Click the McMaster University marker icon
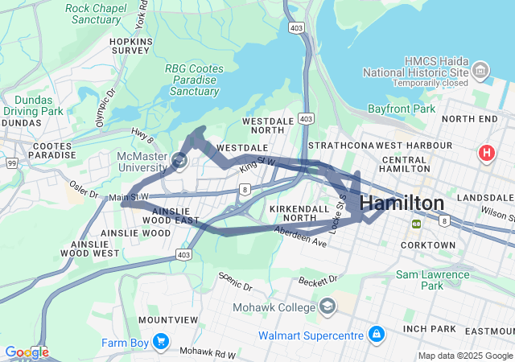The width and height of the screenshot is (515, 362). tap(179, 162)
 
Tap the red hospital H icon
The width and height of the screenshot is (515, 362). tap(486, 152)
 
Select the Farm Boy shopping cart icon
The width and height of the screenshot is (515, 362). tap(161, 342)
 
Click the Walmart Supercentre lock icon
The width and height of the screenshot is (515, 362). tap(376, 333)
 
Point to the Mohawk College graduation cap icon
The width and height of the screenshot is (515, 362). tap(328, 306)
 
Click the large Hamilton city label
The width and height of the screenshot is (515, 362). tap(402, 204)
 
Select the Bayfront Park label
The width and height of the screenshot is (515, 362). tap(402, 109)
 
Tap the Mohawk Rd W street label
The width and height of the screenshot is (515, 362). tap(208, 352)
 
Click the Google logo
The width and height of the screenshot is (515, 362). tap(26, 352)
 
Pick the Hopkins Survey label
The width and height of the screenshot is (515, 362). tap(131, 44)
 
